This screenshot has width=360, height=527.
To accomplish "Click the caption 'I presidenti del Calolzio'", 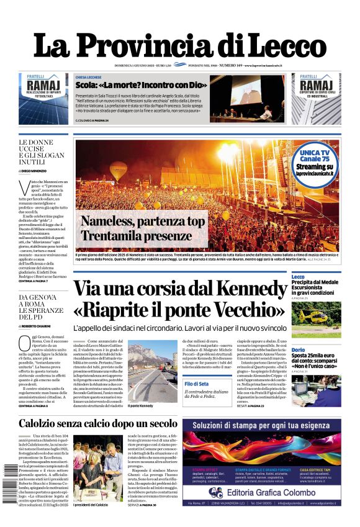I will (91, 505).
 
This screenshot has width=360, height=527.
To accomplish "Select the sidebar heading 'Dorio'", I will (299, 350).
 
